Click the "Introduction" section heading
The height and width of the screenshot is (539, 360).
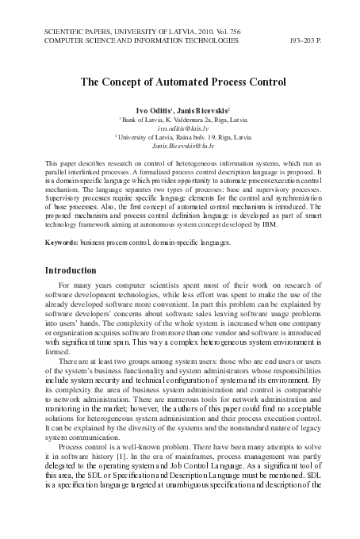coord(75,270)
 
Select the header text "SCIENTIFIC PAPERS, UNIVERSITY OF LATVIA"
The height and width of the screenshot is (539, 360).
coord(115,29)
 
